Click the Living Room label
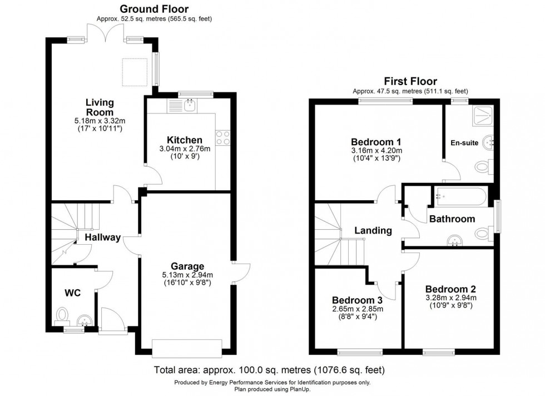[100, 107]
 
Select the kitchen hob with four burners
[224, 137]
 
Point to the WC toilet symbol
[62, 315]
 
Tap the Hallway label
[102, 237]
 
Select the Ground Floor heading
[154, 9]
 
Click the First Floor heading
[410, 81]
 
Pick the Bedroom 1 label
[376, 141]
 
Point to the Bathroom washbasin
[456, 240]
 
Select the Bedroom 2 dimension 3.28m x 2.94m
[450, 298]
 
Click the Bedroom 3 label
[358, 300]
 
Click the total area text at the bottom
[269, 370]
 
